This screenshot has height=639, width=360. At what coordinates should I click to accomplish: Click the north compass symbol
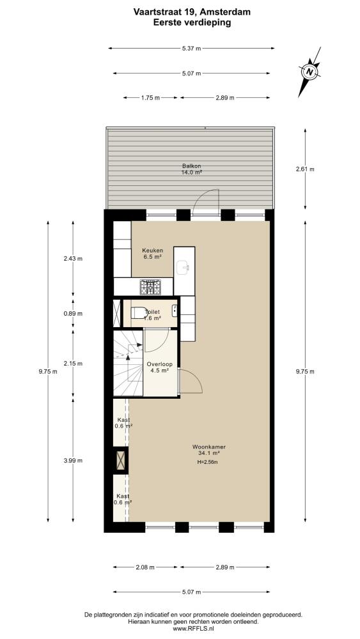(x=310, y=72)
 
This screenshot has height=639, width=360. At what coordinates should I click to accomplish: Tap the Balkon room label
(x=191, y=169)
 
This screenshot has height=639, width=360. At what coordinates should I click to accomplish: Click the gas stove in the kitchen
(x=150, y=287)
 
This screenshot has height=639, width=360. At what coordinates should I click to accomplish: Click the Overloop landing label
(x=157, y=367)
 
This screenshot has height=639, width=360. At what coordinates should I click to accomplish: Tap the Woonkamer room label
(x=208, y=449)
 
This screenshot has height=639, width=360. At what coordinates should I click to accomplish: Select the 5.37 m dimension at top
(x=191, y=49)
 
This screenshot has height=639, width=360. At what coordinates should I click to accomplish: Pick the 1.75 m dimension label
(x=150, y=98)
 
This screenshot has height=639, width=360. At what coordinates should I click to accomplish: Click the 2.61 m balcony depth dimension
(x=306, y=169)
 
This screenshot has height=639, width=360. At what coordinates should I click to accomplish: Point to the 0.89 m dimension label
(x=74, y=314)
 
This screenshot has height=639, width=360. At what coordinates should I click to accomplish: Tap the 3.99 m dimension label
(x=74, y=461)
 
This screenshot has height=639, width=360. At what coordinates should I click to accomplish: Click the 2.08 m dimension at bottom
(x=145, y=567)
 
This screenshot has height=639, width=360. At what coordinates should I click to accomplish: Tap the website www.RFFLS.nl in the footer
(x=193, y=629)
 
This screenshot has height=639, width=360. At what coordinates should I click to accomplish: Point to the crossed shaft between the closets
(x=121, y=459)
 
